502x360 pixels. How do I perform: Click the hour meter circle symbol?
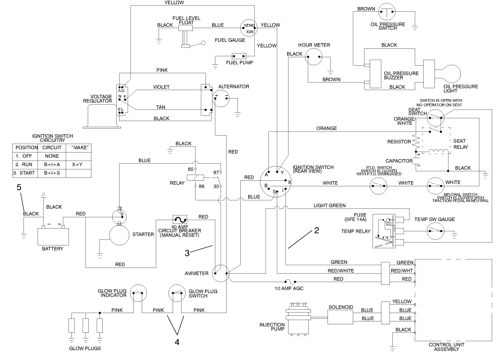point(314,58)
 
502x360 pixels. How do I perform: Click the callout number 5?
point(19,187)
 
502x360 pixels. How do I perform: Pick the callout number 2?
point(317,230)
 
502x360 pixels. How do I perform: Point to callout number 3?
point(187,253)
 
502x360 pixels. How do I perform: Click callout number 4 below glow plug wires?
point(177,342)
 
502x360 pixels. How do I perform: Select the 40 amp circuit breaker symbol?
point(180,220)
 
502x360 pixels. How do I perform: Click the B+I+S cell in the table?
point(53,173)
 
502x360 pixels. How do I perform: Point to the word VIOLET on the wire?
point(161,87)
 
